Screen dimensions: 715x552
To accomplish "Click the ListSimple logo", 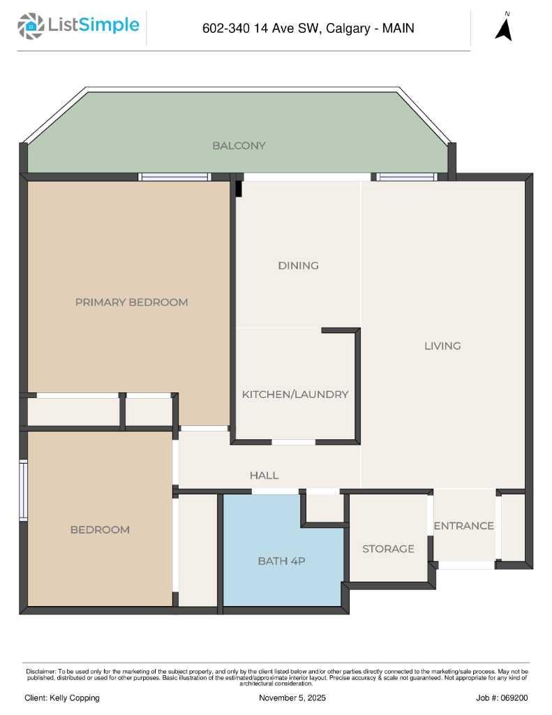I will [78, 27].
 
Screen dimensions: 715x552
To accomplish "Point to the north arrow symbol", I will [504, 28].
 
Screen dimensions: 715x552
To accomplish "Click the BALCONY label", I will [239, 146].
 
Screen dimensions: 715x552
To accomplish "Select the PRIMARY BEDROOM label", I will [131, 302].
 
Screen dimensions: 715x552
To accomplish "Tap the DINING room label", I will [298, 265].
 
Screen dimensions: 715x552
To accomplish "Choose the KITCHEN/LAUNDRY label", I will [294, 395].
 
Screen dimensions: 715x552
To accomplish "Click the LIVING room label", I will [442, 346].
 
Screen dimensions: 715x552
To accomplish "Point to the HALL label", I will [264, 476].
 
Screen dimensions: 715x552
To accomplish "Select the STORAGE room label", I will [388, 549].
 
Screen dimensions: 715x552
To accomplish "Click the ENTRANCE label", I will [463, 526].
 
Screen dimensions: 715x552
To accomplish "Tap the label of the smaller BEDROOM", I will [100, 530].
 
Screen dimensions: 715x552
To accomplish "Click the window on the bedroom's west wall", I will [23, 490].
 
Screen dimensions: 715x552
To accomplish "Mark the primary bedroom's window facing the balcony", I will [174, 177].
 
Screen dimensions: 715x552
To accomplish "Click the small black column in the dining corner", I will [239, 189].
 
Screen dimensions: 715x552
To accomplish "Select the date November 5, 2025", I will [292, 698].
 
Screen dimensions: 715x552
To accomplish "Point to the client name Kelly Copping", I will [62, 698].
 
